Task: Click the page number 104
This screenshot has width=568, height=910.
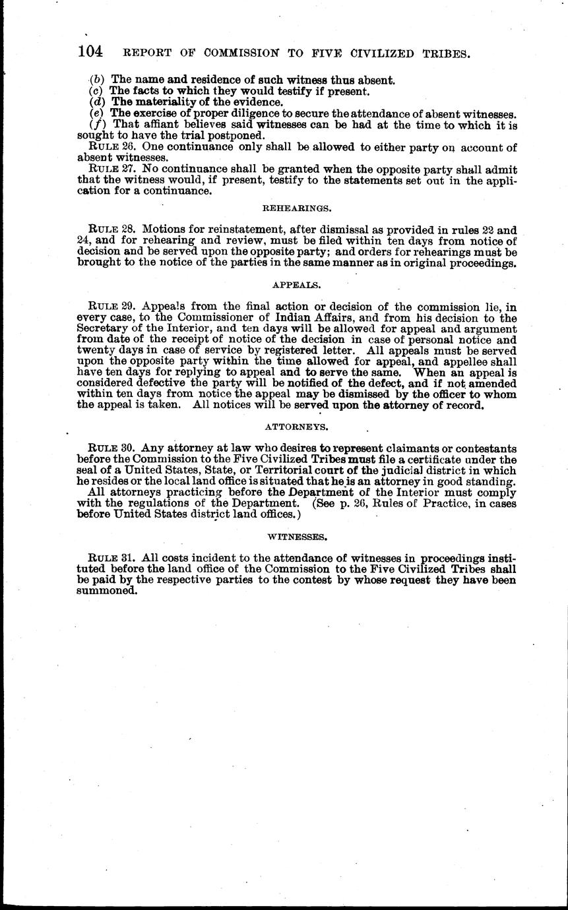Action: pyautogui.click(x=92, y=52)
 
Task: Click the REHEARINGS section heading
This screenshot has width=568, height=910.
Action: pyautogui.click(x=297, y=208)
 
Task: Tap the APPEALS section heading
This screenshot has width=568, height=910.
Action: pyautogui.click(x=297, y=286)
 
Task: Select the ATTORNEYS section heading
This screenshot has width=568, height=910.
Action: pyautogui.click(x=297, y=427)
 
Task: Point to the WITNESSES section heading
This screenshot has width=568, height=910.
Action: pyautogui.click(x=297, y=537)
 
